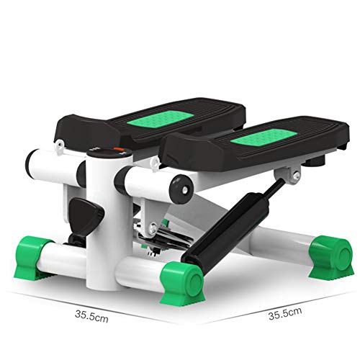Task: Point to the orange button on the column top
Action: coord(118,150)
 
